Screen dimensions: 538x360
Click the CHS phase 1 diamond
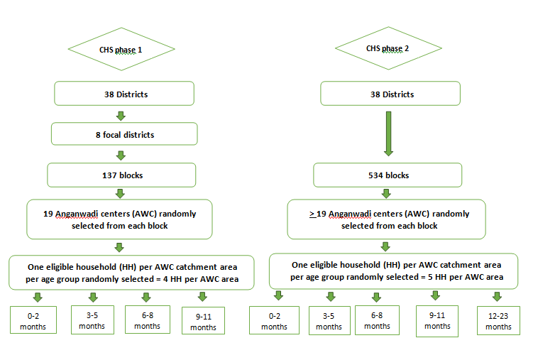pos(121,49)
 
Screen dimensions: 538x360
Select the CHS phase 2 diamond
pos(388,48)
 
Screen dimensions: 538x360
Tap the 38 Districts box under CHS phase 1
pos(124,93)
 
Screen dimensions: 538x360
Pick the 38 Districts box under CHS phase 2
pos(390,93)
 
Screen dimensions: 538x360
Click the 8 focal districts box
pos(124,133)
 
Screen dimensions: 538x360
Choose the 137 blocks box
pos(121,175)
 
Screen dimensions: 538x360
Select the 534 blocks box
pos(388,175)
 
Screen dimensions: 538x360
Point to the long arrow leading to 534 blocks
pos(388,133)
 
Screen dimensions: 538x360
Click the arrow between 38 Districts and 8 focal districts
pos(121,116)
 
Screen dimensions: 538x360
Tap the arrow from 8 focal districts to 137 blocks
pos(121,156)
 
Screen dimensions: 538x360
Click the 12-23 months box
pos(498,320)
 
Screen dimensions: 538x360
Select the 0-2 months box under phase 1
pos(33,320)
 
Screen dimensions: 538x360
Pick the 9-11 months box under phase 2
pos(437,321)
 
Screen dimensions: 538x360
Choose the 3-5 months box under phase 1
pos(93,320)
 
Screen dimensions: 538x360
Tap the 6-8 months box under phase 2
pos(377,320)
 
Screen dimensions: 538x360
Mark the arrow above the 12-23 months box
pos(497,297)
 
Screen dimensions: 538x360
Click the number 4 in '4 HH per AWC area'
pos(165,279)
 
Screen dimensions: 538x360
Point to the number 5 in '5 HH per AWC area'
pos(430,277)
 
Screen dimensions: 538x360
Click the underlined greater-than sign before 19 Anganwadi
pos(312,214)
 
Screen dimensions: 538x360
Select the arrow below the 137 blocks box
pos(120,194)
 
